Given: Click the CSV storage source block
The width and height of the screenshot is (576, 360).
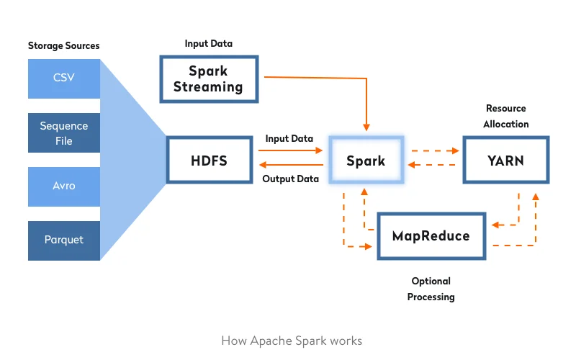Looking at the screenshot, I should point(63,78).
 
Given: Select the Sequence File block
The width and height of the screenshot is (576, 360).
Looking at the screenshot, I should point(63,132).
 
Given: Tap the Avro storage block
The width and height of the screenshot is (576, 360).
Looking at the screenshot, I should point(63,186).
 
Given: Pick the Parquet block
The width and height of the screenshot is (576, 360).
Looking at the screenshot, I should point(63,240).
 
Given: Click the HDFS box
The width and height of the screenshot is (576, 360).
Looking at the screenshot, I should point(208,160).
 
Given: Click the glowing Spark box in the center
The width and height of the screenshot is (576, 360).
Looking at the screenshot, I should point(366,160).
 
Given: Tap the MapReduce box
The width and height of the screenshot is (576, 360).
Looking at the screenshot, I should point(431,235).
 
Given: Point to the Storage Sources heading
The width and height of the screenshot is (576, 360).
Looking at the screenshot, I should point(63,46).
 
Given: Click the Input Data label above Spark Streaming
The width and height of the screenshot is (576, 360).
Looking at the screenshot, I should point(208,44).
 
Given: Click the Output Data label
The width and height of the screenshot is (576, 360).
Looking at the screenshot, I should point(290,179).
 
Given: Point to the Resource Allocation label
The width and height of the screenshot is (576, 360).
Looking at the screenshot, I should point(506,116).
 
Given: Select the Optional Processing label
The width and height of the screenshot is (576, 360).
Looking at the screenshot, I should point(431,289).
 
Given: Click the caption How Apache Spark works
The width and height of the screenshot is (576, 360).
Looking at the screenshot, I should point(292,340).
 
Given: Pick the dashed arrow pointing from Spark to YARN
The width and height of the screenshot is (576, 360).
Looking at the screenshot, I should point(435,151).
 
